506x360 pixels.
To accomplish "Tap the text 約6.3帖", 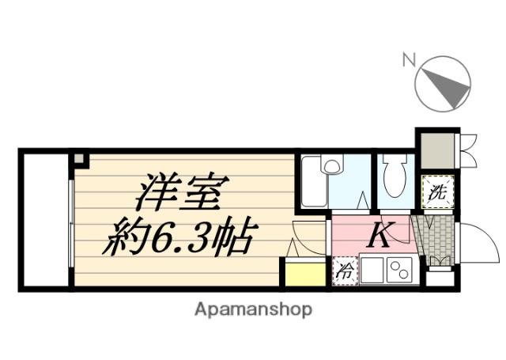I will (x=179, y=234).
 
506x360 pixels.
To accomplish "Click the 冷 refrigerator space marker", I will (x=345, y=270).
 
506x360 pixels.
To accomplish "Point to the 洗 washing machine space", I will (x=436, y=191).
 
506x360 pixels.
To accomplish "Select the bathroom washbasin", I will (x=333, y=166).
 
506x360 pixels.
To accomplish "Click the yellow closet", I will (x=304, y=273).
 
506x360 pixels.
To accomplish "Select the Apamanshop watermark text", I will (x=253, y=309).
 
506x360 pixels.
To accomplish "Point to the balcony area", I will (x=44, y=219).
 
